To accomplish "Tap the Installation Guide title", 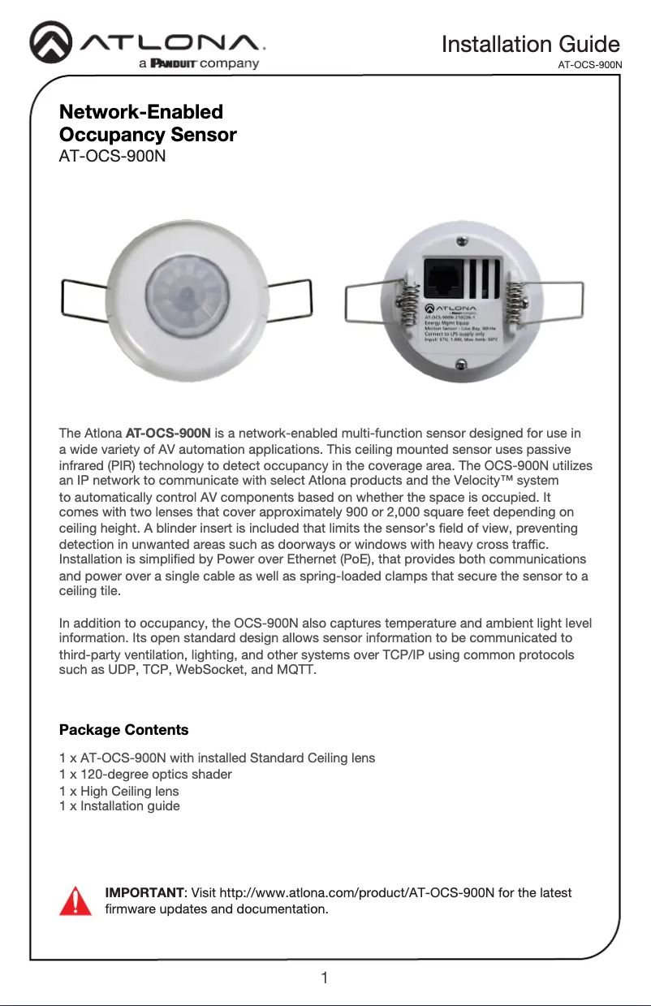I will (530, 44).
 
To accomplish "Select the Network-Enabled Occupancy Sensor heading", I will (149, 123).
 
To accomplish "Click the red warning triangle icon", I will (75, 900).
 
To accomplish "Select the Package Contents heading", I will (124, 729).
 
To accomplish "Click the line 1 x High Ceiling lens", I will (119, 791).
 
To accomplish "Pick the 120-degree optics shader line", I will (146, 775).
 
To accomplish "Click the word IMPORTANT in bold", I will (144, 893).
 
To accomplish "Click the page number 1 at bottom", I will (325, 978).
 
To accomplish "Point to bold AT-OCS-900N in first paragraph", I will (169, 431).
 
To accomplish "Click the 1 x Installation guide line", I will (120, 806).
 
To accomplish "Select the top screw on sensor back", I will (461, 241).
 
